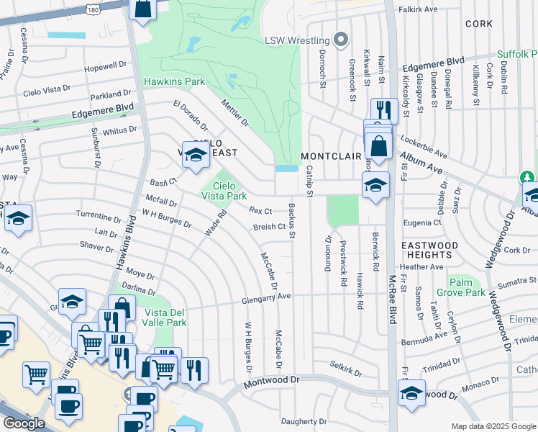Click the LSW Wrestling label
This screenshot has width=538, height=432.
296,40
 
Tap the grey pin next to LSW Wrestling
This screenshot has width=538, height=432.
342,40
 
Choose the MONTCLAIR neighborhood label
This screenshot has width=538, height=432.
329,156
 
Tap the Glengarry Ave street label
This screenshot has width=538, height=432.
266,295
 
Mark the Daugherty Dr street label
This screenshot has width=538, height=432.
304,421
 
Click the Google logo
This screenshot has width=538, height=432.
24,423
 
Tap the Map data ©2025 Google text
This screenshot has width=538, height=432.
493,426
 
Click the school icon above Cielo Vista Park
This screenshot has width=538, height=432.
195,154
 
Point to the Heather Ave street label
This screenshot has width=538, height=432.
442,266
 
